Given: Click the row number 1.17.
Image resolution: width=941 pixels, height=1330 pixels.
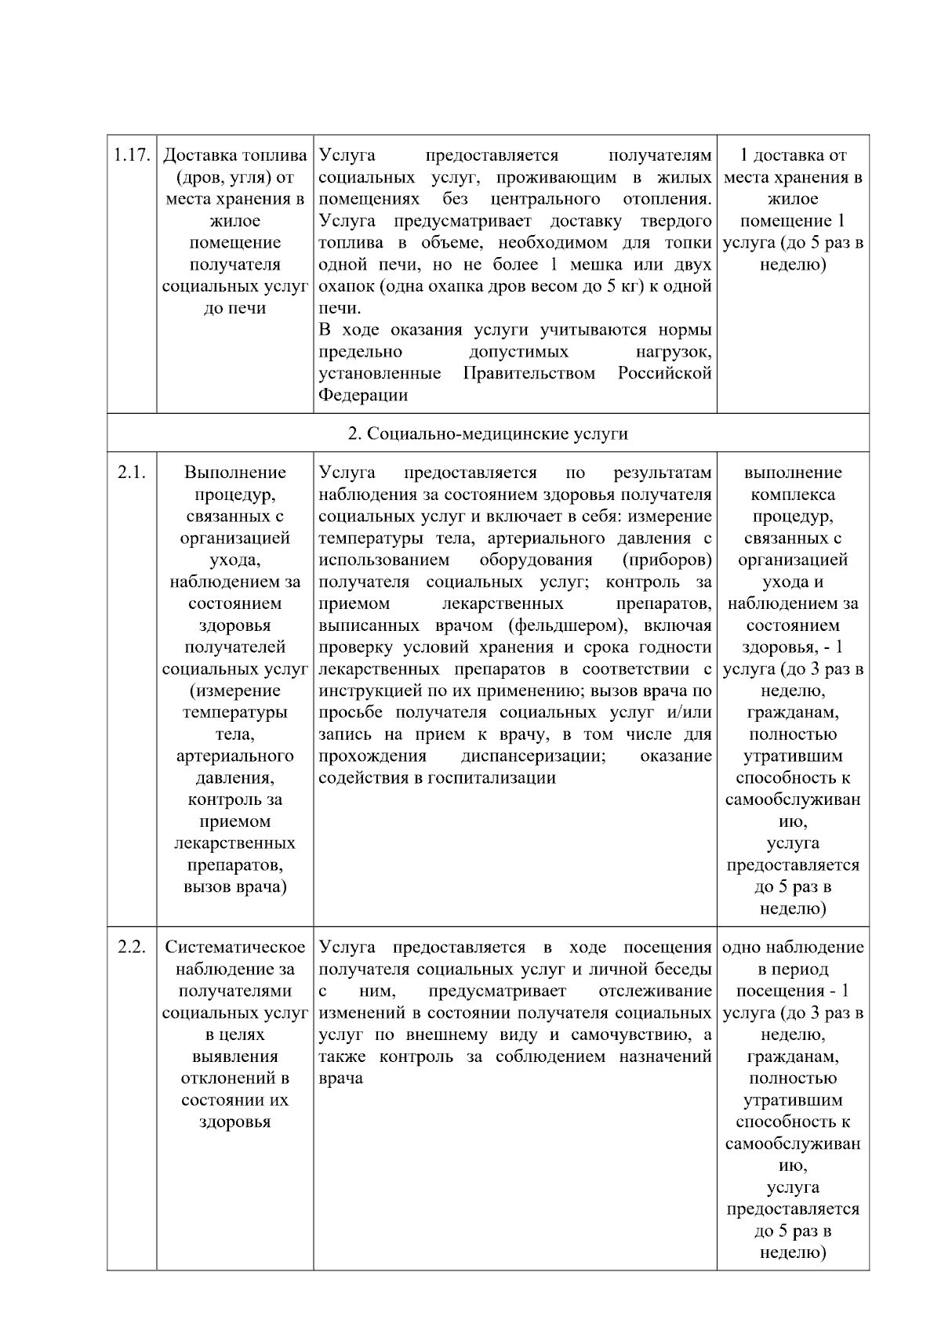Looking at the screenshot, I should coord(131,155).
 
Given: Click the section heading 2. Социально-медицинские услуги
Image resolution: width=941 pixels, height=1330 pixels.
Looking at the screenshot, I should coord(487,433).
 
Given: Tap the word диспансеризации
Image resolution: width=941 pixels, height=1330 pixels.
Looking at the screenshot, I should coord(532,756).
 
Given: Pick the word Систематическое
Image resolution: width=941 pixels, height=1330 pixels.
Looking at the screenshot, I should coord(234,947).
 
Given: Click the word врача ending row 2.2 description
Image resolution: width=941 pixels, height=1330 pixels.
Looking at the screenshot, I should coord(340,1078).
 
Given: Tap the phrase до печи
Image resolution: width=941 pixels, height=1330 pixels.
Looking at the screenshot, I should coord(234,308).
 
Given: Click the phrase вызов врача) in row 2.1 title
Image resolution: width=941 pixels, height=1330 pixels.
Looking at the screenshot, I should coord(234,887).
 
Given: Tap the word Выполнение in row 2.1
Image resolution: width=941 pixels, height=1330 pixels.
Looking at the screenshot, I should coord(234,473).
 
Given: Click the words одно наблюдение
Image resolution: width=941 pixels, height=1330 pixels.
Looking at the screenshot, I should coord(793,947).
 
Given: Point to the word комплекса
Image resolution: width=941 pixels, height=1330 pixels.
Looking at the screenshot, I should coord(793,495).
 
